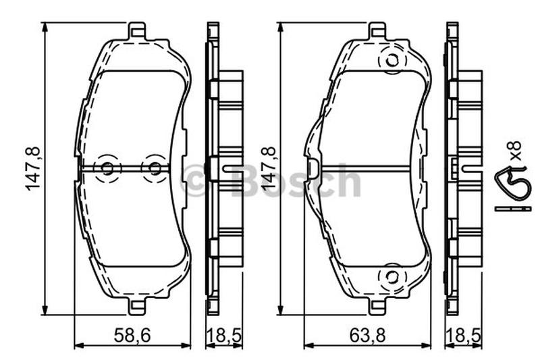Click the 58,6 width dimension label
(132, 335)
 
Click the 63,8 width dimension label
(367, 335)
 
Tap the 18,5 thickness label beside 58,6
(224, 335)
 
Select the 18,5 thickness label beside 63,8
(463, 335)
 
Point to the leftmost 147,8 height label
(32, 168)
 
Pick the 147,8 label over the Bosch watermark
(269, 168)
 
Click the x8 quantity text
(516, 150)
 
